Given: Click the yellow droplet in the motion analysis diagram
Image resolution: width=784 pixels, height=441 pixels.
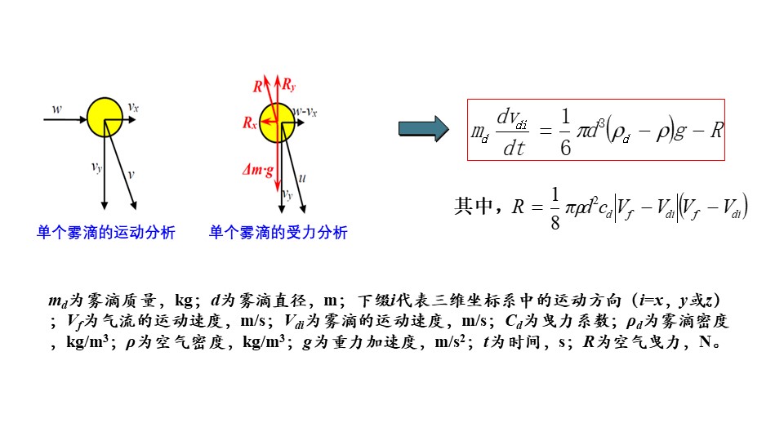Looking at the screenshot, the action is [105, 117].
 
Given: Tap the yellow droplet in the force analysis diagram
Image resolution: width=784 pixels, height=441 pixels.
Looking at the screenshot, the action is [276, 122].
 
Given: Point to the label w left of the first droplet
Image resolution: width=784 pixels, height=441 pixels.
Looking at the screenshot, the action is [56, 108].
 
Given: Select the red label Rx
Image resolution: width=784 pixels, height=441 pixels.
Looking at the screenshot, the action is [250, 122].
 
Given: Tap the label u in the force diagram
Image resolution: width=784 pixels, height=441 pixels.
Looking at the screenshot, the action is [303, 176].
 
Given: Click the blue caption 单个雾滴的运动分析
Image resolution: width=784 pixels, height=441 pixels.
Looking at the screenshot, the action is [106, 233].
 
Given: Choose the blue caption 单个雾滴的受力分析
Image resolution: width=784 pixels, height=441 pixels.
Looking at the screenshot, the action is [278, 233].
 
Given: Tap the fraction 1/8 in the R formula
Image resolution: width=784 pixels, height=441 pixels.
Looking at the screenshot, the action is [555, 208].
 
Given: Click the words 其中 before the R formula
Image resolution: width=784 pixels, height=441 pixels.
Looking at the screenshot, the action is [475, 207].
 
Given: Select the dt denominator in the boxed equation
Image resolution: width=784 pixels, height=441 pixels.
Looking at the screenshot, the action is [514, 148].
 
